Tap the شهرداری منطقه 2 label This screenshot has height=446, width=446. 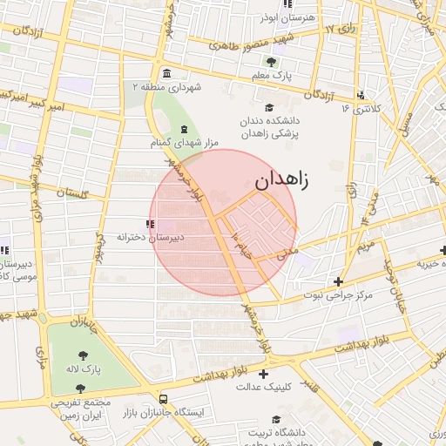click(166, 87)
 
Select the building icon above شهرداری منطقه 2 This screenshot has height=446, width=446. click(166, 72)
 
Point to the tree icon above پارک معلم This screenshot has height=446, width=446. click(271, 61)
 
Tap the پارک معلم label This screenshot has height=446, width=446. click(271, 77)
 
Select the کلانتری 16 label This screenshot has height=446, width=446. click(357, 108)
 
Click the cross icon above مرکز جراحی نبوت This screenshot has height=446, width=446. click(339, 281)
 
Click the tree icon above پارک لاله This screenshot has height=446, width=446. click(83, 355)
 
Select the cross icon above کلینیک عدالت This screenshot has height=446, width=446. click(263, 375)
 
